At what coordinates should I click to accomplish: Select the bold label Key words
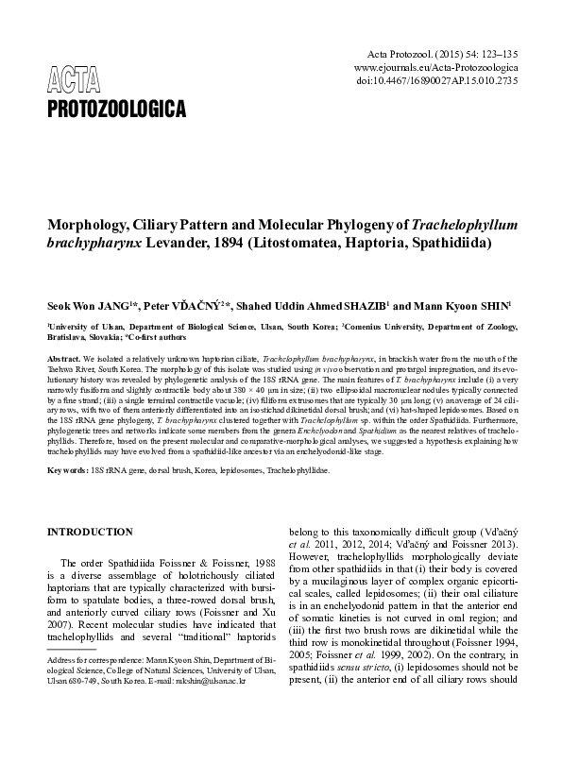point(69,470)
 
